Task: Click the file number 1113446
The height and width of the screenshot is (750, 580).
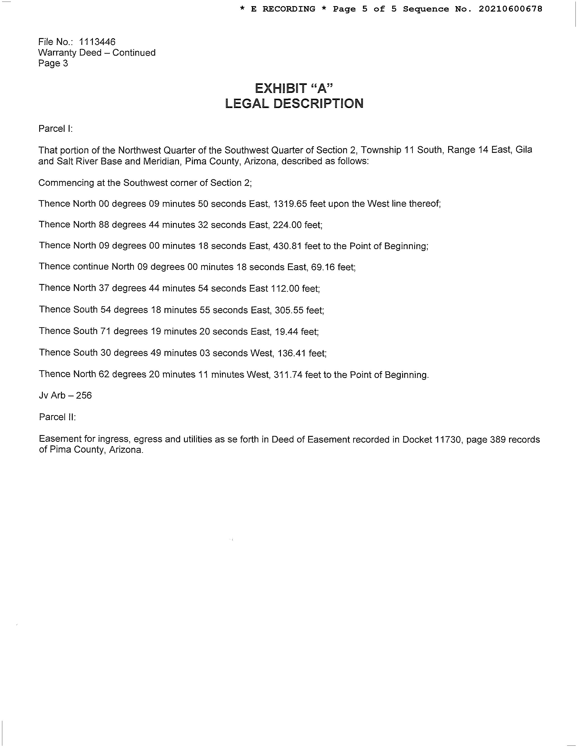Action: pyautogui.click(x=97, y=42)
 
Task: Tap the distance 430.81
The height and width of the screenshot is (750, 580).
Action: pyautogui.click(x=287, y=246)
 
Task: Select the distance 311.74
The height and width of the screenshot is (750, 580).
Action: pyautogui.click(x=288, y=374)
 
